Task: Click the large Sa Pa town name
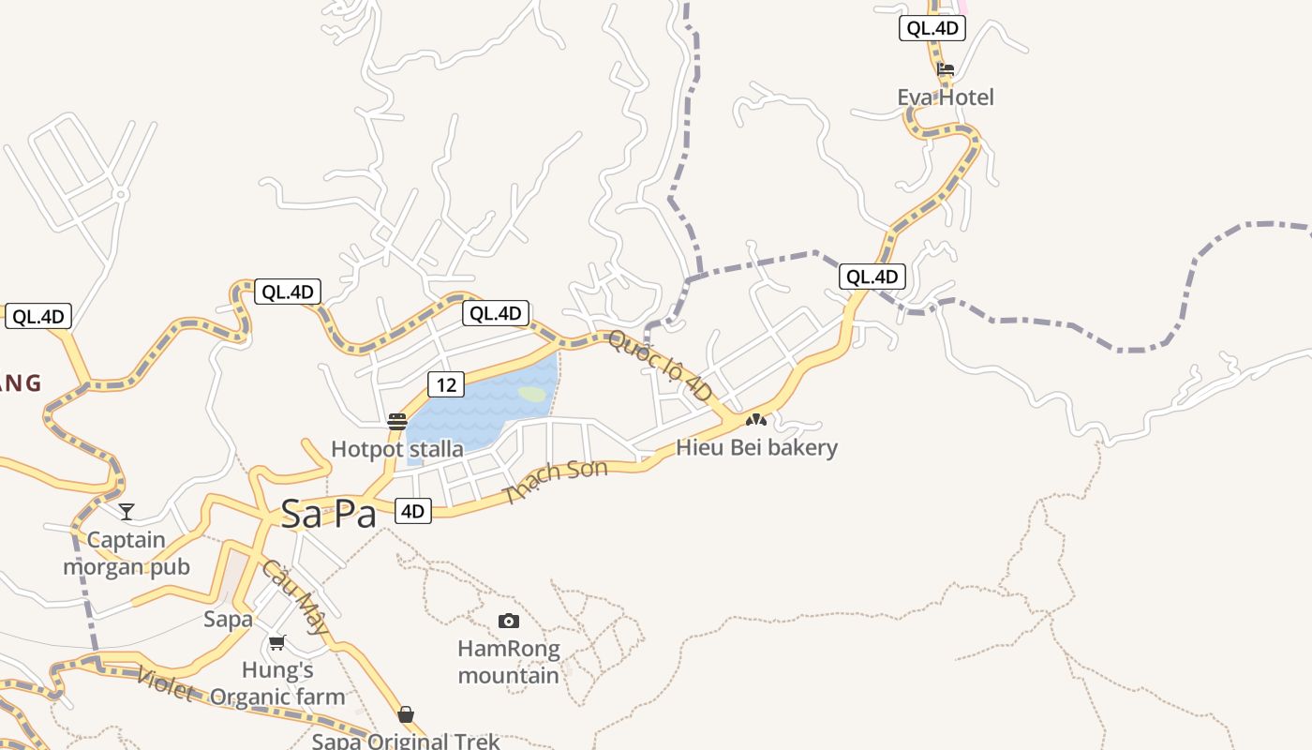(x=329, y=514)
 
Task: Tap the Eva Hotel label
(x=946, y=97)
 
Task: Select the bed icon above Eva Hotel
(x=946, y=69)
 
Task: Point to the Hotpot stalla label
(x=397, y=449)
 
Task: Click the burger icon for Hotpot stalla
(x=397, y=422)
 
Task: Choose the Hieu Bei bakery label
(x=756, y=447)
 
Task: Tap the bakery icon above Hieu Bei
(x=756, y=419)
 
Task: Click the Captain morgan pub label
(x=127, y=553)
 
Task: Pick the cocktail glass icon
(x=127, y=512)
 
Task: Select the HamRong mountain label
(x=509, y=662)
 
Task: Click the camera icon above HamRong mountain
(x=509, y=621)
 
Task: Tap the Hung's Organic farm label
(x=277, y=683)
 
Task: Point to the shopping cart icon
(x=276, y=643)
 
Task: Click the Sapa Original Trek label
(x=406, y=742)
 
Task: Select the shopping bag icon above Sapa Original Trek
(x=406, y=714)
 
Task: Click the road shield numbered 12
(x=446, y=383)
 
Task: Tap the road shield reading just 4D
(x=412, y=511)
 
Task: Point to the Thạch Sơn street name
(x=555, y=482)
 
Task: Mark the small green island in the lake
(x=532, y=395)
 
